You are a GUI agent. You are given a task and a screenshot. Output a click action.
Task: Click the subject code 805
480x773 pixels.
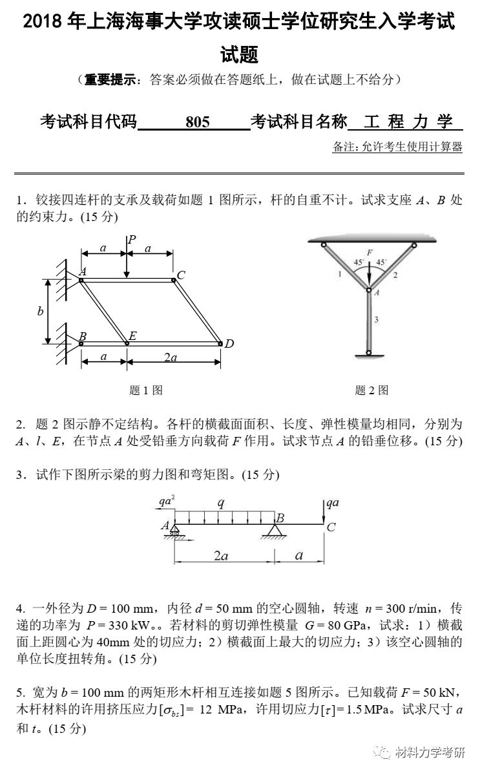[x=197, y=122]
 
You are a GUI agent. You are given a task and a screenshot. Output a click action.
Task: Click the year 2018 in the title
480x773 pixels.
[x=43, y=21]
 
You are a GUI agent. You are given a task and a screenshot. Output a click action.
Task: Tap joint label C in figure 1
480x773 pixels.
[x=181, y=275]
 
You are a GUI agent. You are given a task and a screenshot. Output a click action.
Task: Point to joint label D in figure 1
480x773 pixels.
[x=229, y=344]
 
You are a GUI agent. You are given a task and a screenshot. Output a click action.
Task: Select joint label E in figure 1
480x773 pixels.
[x=132, y=335]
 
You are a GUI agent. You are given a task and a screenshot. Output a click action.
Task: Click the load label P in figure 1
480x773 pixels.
[x=131, y=240]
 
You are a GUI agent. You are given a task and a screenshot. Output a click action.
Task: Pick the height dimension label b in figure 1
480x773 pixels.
[x=40, y=312]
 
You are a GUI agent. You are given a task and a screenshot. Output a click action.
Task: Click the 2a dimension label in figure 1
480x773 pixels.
[x=170, y=358]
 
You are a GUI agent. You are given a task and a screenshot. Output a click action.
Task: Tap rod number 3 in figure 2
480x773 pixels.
[x=377, y=319]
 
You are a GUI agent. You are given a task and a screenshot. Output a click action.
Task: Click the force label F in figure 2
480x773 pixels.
[x=369, y=251]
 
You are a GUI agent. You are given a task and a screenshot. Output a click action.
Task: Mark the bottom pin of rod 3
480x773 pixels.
[x=368, y=353]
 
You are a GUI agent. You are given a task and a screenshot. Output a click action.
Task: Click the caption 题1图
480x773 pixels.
[x=145, y=390]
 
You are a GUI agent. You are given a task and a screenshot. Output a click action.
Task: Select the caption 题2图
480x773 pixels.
[x=371, y=390]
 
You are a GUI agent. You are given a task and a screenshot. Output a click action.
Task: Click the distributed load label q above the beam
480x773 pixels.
[x=221, y=502]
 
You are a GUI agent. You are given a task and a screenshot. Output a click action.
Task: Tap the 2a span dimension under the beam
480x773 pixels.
[x=221, y=556]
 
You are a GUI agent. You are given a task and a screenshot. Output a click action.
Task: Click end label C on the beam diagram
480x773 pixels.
[x=331, y=527]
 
